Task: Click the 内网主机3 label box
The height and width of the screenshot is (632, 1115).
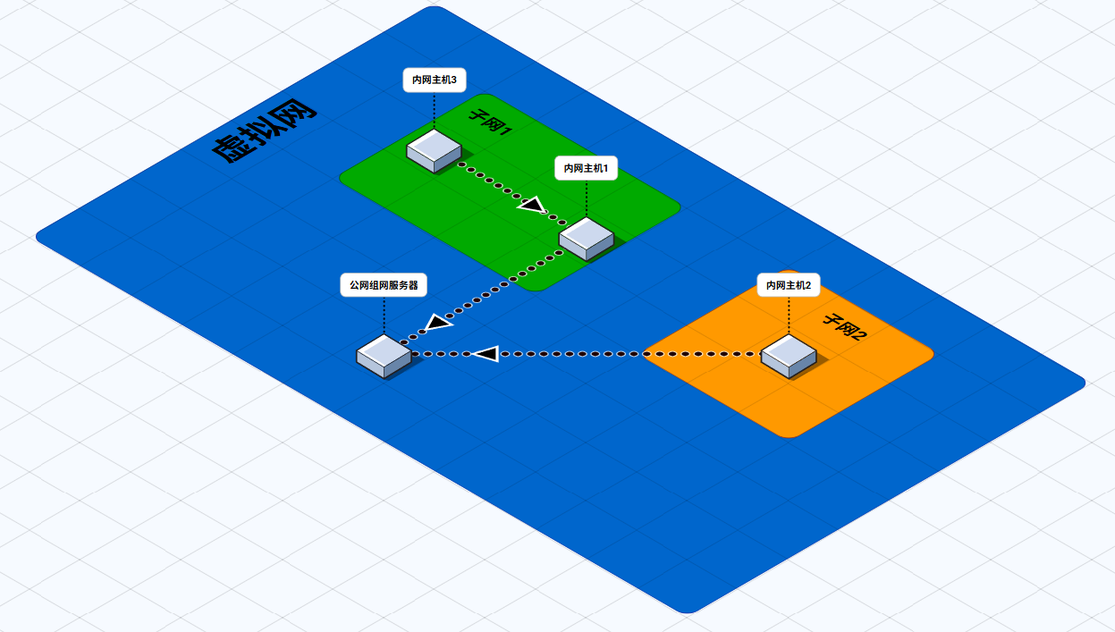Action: coord(435,80)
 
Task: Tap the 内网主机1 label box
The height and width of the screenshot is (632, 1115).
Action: coord(587,168)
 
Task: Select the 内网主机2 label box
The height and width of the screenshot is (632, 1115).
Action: coord(789,285)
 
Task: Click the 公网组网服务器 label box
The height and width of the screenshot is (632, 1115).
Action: coord(384,286)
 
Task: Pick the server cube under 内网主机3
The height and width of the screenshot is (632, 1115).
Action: coord(435,149)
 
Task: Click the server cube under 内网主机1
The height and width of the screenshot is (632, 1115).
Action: coord(587,238)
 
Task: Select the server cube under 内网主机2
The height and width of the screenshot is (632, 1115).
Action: coord(789,356)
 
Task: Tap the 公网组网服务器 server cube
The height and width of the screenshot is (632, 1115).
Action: coord(384,356)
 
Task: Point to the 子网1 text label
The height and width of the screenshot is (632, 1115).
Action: coord(490,122)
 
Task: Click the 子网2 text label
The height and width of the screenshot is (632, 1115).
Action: coord(844,327)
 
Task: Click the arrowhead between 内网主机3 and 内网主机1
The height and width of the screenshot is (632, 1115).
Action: coord(533,206)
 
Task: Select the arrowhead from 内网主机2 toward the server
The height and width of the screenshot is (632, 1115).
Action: coord(485,355)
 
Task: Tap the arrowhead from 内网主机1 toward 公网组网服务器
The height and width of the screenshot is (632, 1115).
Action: coord(436,323)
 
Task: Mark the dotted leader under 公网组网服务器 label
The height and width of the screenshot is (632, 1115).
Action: coord(384,316)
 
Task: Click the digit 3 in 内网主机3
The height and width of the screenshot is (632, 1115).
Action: coord(453,80)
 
